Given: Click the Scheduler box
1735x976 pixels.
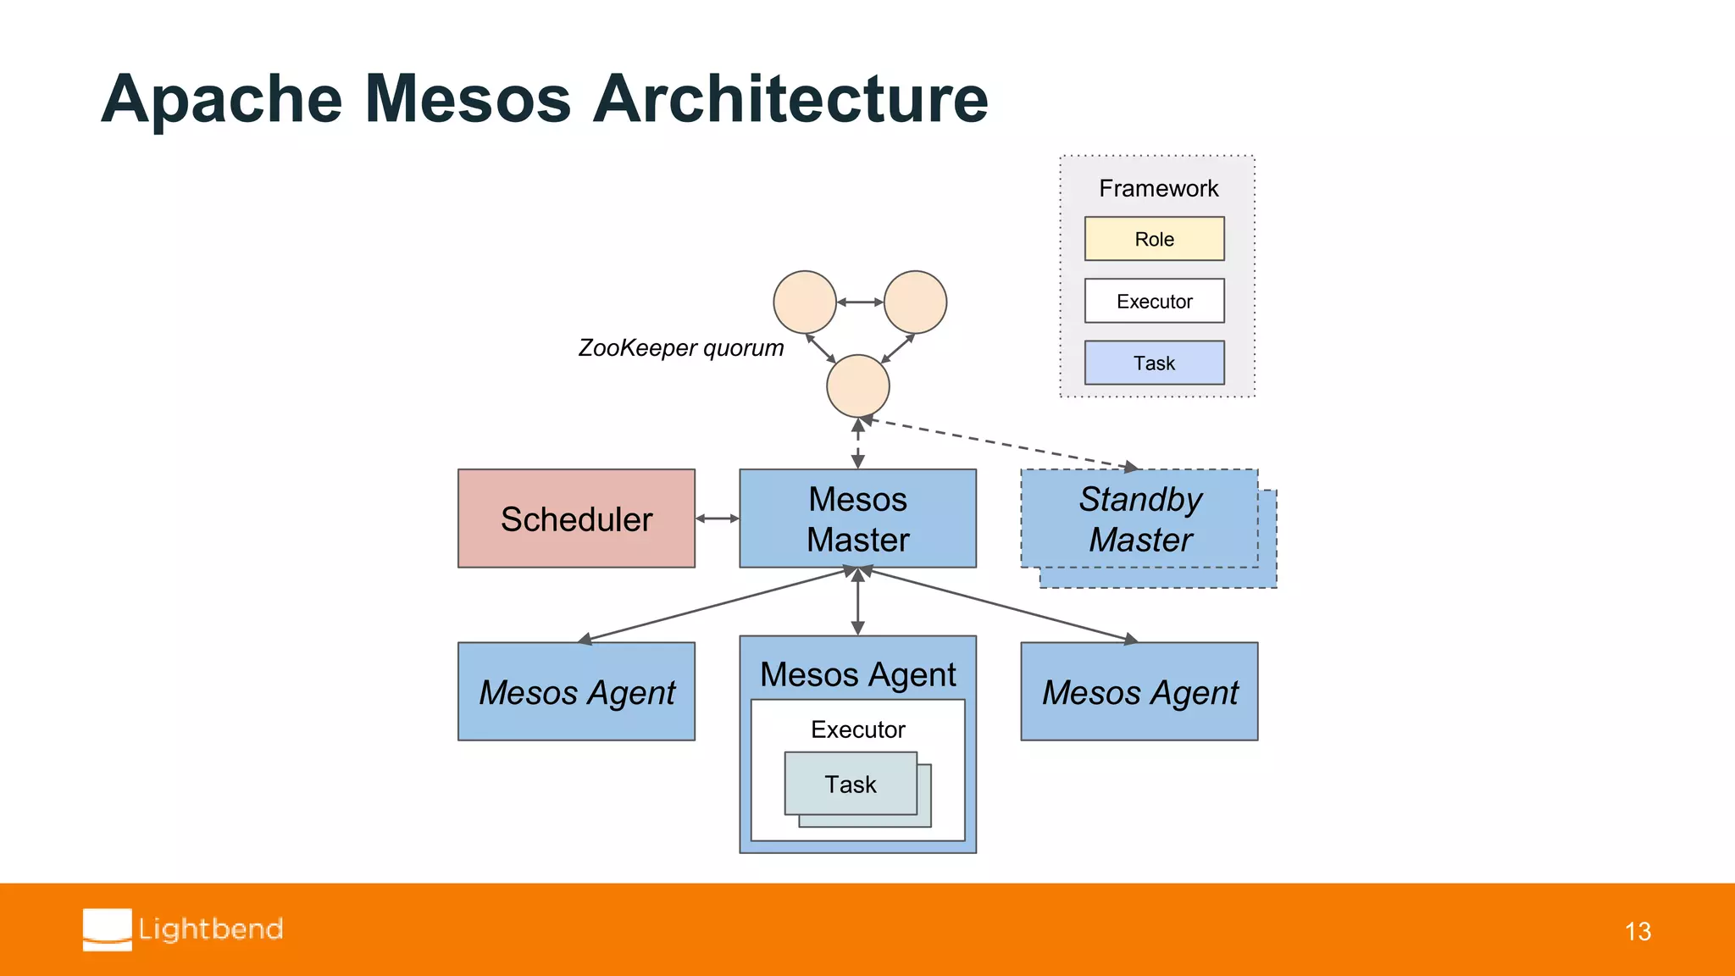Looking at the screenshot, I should [576, 518].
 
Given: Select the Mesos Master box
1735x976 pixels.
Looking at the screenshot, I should [857, 518].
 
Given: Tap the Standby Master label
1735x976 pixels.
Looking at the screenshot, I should [1139, 518].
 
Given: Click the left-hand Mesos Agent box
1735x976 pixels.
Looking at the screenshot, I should [576, 691].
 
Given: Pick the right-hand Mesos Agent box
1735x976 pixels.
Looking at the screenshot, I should [1139, 691].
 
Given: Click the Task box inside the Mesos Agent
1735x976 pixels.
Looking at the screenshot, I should [851, 784].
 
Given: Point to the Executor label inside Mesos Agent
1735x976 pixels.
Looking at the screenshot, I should [857, 729].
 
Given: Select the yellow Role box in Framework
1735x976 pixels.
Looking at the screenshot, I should [1154, 239].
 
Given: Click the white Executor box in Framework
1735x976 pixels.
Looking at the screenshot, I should [1154, 301].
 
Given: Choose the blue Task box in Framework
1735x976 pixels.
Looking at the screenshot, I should [1154, 363].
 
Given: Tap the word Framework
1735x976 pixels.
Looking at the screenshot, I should [1158, 188].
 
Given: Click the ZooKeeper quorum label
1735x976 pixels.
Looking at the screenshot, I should [680, 347].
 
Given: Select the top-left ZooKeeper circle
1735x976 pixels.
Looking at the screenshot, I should [805, 302].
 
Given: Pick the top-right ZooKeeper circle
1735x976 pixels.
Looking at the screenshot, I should [915, 302].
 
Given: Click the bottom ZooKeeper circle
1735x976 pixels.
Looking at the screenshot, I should [857, 385].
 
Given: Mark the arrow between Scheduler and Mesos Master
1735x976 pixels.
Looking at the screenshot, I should [717, 518].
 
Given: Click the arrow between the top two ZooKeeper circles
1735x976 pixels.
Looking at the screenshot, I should [860, 302].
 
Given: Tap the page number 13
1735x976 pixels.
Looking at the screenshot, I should [1638, 931].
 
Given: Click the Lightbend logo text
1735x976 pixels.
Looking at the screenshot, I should [210, 929].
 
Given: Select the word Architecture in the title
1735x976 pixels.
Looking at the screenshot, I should [790, 99].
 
